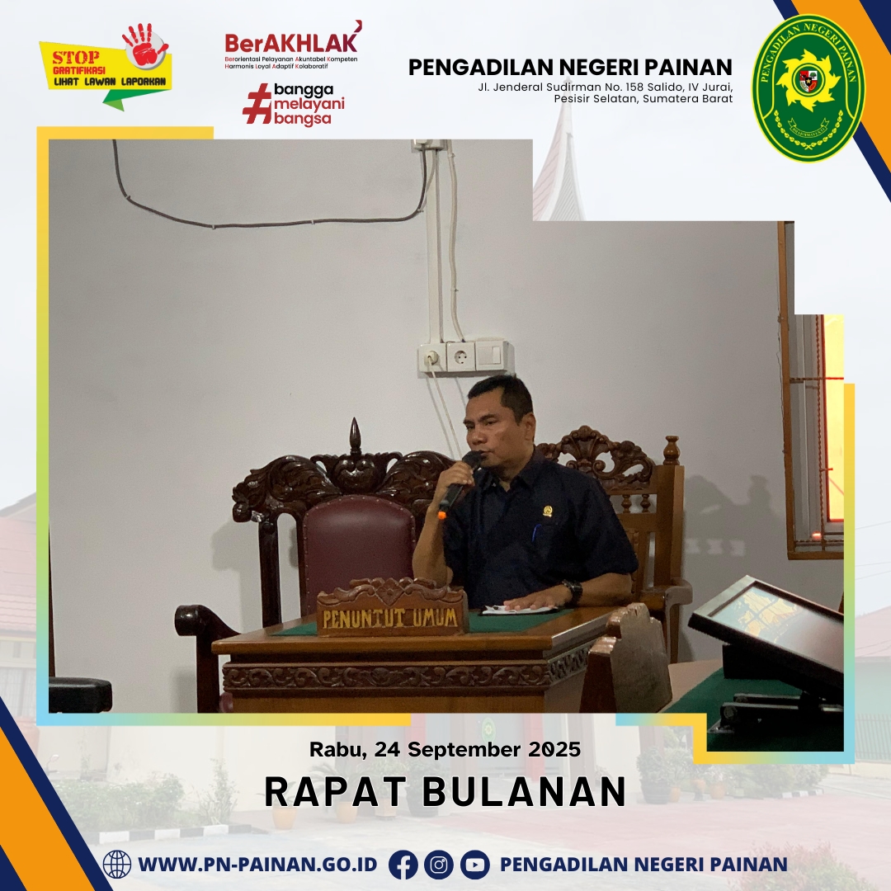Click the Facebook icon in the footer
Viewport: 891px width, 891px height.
pyautogui.click(x=403, y=865)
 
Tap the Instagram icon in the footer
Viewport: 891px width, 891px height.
pyautogui.click(x=439, y=865)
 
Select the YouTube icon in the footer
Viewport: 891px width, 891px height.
pyautogui.click(x=474, y=865)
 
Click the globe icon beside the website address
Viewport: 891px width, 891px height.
pyautogui.click(x=117, y=865)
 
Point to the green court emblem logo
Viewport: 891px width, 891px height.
pyautogui.click(x=807, y=86)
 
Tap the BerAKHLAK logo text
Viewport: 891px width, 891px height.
pyautogui.click(x=292, y=41)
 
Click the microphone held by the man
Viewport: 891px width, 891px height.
pyautogui.click(x=458, y=485)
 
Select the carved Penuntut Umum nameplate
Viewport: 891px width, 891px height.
pyautogui.click(x=392, y=608)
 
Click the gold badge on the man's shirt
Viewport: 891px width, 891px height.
pyautogui.click(x=549, y=511)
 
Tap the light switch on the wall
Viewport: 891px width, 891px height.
pyautogui.click(x=489, y=355)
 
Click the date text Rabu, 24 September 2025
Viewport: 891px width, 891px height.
pyautogui.click(x=445, y=749)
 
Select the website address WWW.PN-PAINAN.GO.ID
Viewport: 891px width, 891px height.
pyautogui.click(x=257, y=865)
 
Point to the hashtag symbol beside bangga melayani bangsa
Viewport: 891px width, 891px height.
pyautogui.click(x=257, y=103)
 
